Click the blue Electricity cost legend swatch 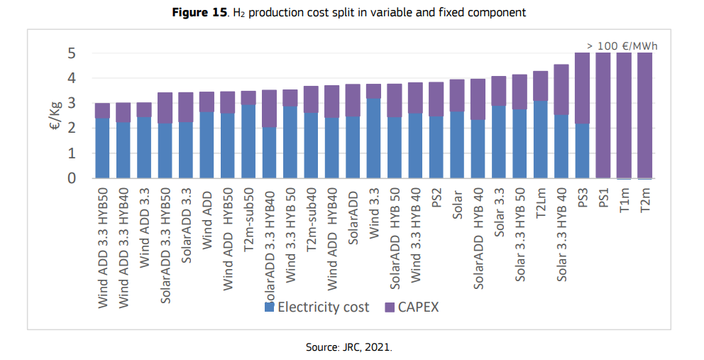[269, 307]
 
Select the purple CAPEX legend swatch [390, 307]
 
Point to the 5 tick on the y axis [71, 53]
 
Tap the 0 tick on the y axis [71, 178]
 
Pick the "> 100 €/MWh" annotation [622, 46]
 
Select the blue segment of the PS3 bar [583, 151]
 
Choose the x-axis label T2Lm [541, 202]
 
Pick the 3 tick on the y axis [71, 104]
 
